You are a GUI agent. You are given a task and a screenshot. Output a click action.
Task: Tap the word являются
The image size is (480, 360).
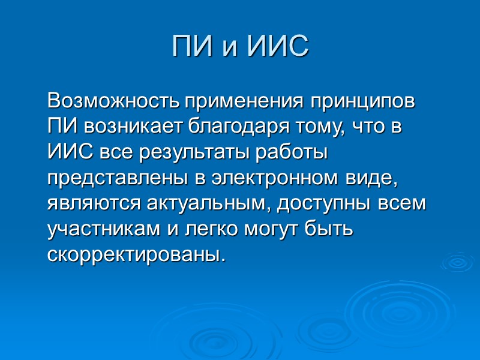(x=94, y=204)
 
